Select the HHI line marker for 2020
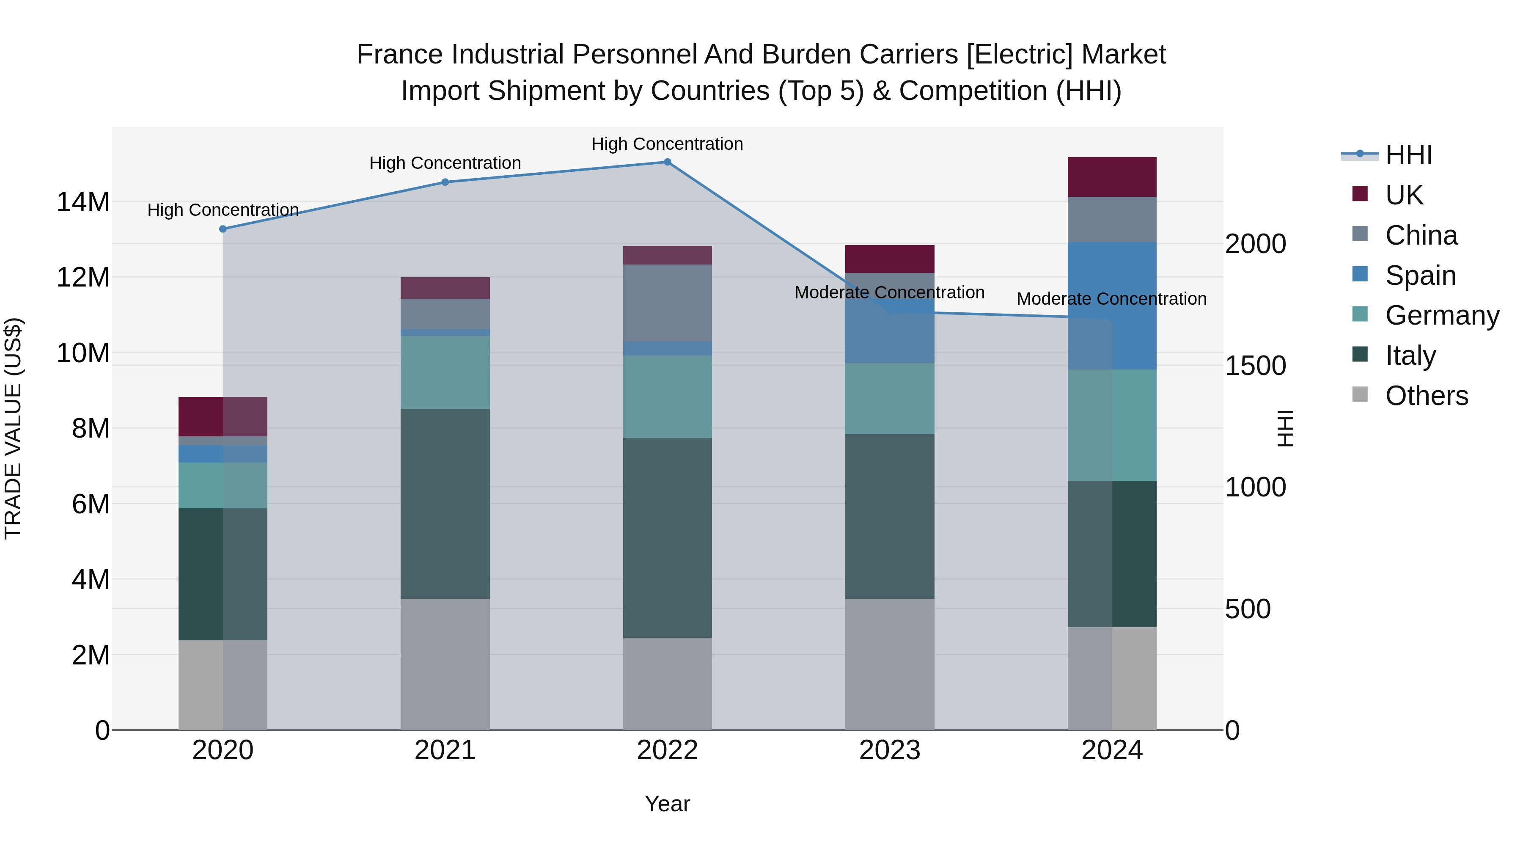(x=223, y=229)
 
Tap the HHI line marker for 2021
(x=445, y=182)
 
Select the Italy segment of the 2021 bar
(x=445, y=503)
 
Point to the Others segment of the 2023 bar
(x=889, y=664)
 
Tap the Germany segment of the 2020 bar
(x=223, y=485)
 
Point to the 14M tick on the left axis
(x=83, y=202)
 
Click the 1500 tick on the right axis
(x=1255, y=366)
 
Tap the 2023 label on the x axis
(x=889, y=750)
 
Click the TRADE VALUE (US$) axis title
(x=13, y=428)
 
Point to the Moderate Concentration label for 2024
(x=1111, y=299)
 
